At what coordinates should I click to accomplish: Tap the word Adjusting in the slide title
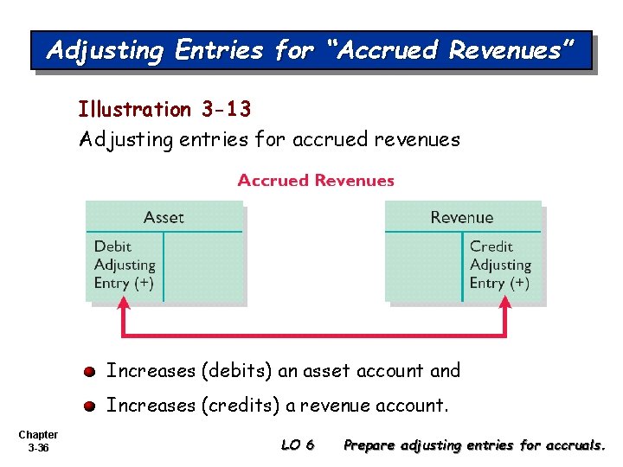pyautogui.click(x=105, y=51)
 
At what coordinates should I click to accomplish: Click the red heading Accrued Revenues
pyautogui.click(x=316, y=181)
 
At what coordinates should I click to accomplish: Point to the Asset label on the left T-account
pyautogui.click(x=164, y=217)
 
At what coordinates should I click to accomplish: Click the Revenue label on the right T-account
pyautogui.click(x=462, y=217)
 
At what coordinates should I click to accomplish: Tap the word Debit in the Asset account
pyautogui.click(x=113, y=247)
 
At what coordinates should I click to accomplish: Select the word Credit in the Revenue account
pyautogui.click(x=491, y=247)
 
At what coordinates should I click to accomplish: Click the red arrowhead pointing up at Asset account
pyautogui.click(x=124, y=304)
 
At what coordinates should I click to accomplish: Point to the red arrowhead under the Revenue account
pyautogui.click(x=505, y=304)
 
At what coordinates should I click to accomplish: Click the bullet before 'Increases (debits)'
pyautogui.click(x=90, y=372)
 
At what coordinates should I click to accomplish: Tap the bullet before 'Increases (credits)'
pyautogui.click(x=90, y=406)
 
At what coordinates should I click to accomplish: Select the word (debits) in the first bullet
pyautogui.click(x=237, y=371)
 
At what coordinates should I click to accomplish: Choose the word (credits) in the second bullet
pyautogui.click(x=241, y=405)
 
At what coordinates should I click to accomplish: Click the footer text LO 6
pyautogui.click(x=298, y=446)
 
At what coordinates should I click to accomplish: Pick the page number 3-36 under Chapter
pyautogui.click(x=38, y=449)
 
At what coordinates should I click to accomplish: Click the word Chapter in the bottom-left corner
pyautogui.click(x=38, y=435)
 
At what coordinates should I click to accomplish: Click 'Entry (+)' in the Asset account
pyautogui.click(x=124, y=283)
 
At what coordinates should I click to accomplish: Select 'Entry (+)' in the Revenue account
pyautogui.click(x=499, y=283)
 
